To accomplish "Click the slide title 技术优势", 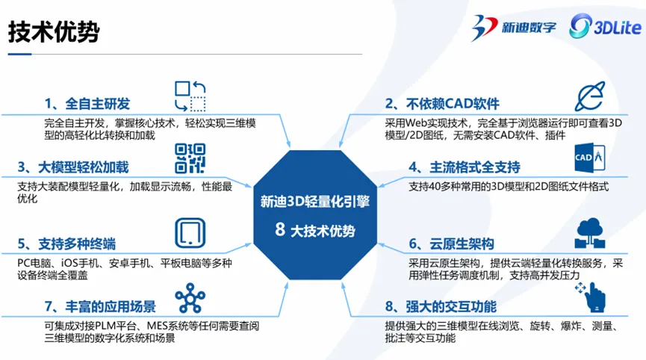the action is tap(54, 31).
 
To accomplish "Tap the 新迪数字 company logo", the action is tap(514, 27).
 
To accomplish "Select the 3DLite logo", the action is tap(605, 26).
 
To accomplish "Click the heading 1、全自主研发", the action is tap(87, 103).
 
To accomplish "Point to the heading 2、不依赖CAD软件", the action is tap(442, 103).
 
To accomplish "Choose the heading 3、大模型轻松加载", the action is tap(73, 167).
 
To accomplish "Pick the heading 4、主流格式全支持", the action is tap(465, 167).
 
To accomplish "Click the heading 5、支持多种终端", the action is tap(66, 243).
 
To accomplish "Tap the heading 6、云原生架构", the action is tap(451, 243).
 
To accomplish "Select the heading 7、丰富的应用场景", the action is tap(100, 306).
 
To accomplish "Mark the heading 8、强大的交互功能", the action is tap(441, 306).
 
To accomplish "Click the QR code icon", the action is tap(190, 158).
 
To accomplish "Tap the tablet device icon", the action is tap(190, 233).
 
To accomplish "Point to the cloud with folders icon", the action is tap(590, 233).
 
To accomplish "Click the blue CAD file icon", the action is tap(590, 158).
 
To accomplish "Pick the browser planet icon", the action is tap(590, 96).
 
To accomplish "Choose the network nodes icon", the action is tap(190, 298).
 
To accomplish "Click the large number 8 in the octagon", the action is tap(280, 229).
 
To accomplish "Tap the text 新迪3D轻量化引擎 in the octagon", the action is tap(315, 202).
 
